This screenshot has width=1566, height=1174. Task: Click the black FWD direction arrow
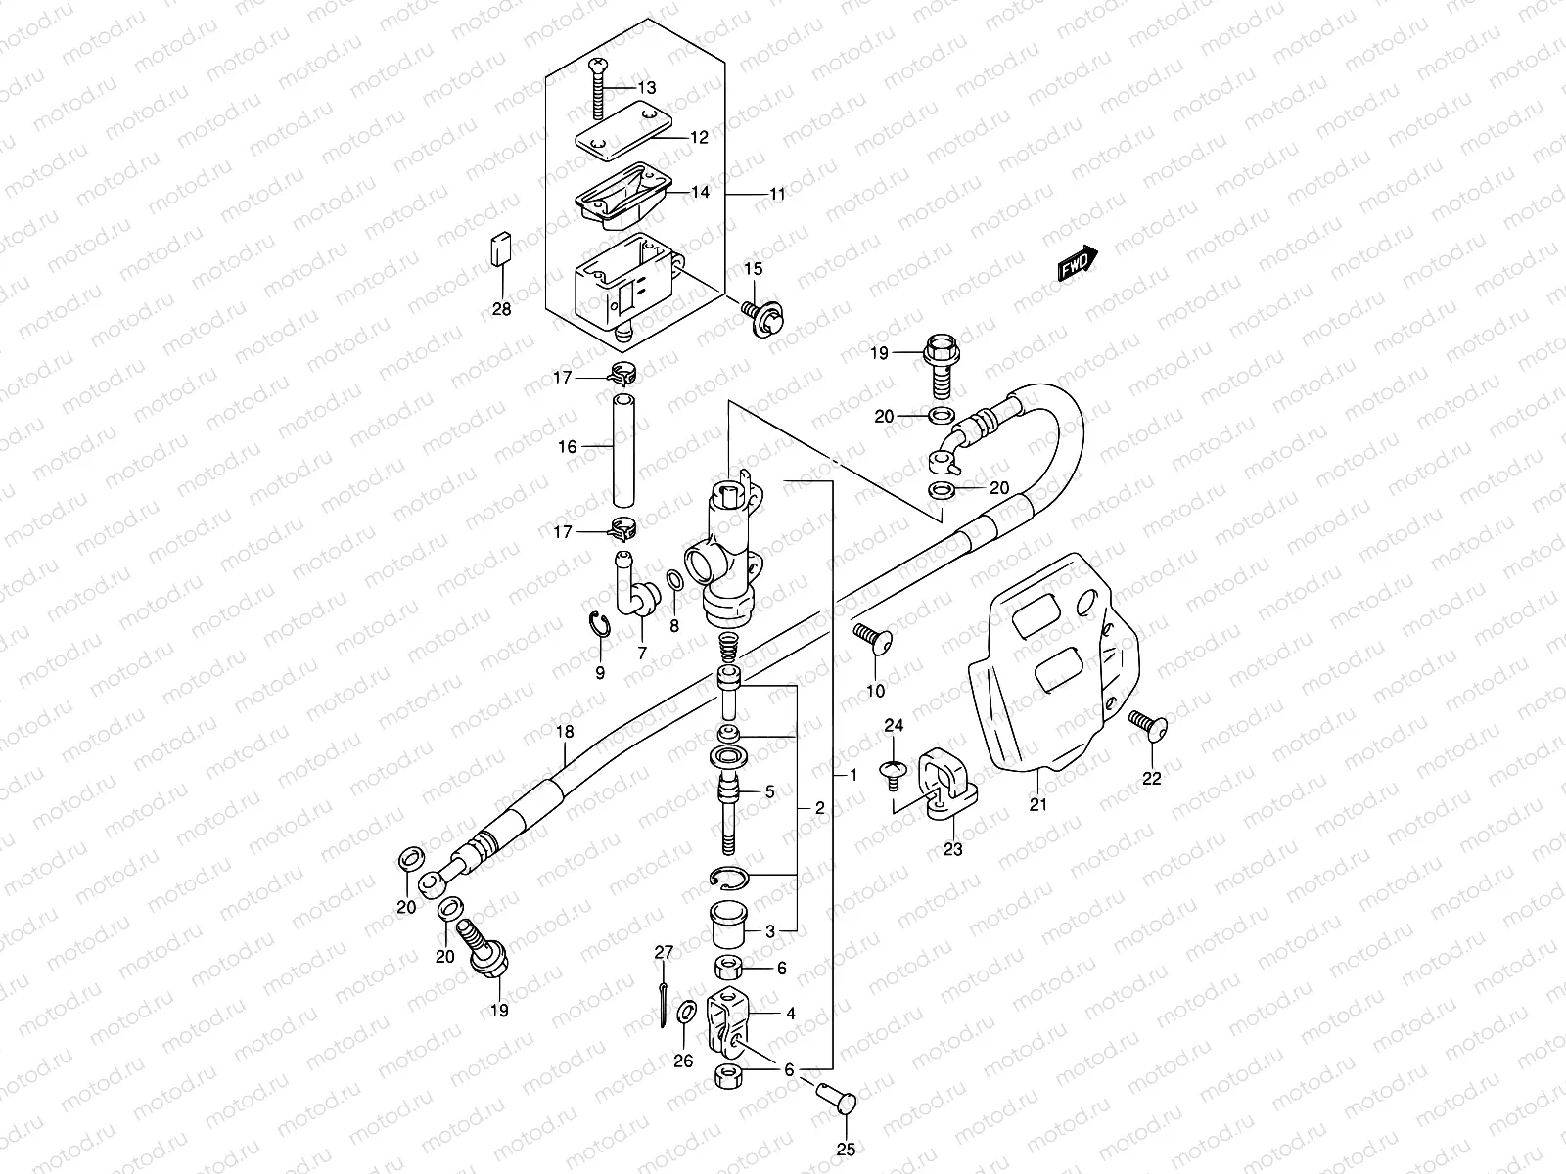pos(1079,263)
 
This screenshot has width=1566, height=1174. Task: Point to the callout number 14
pos(700,192)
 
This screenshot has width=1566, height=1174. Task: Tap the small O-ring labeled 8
pos(674,583)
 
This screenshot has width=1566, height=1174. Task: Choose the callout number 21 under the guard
pos(1037,805)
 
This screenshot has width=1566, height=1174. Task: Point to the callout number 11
pos(776,195)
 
